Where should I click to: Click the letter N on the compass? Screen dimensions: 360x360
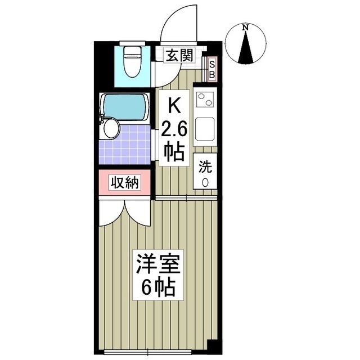(x=246, y=28)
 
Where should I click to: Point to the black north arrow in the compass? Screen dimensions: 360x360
(x=246, y=49)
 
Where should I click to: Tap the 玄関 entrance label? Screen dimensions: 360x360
(x=180, y=55)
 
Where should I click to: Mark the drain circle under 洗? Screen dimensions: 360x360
(x=204, y=181)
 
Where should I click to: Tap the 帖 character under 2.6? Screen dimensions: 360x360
(x=174, y=152)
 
